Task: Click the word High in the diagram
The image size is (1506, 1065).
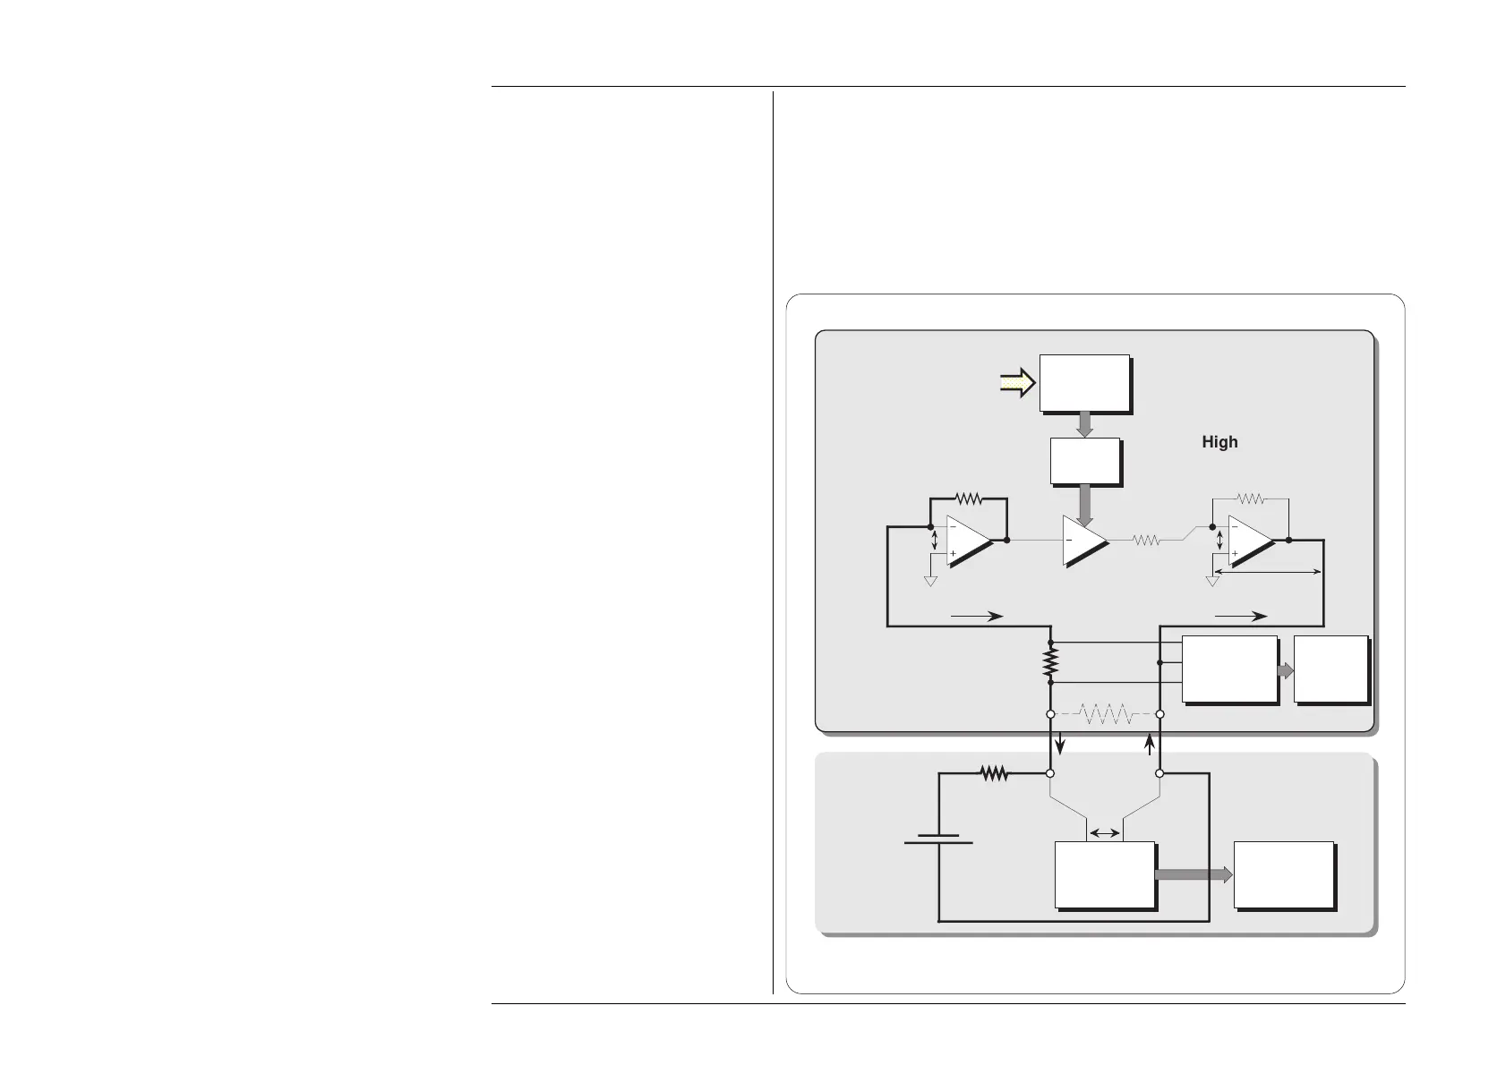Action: coord(1219,442)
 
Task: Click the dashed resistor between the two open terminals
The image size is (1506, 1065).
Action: coord(1106,714)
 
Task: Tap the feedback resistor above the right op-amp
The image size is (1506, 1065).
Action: coord(1249,498)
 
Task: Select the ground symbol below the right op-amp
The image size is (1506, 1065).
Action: coord(1213,582)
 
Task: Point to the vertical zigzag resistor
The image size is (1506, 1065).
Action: coord(1050,662)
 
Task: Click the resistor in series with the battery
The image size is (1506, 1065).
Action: coord(994,773)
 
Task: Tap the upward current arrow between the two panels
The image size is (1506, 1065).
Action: coord(1150,743)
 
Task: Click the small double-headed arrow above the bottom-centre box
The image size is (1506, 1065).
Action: coord(1105,833)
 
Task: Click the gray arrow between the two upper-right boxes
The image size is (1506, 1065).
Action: coord(1286,670)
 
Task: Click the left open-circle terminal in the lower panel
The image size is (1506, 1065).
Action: coord(1050,773)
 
